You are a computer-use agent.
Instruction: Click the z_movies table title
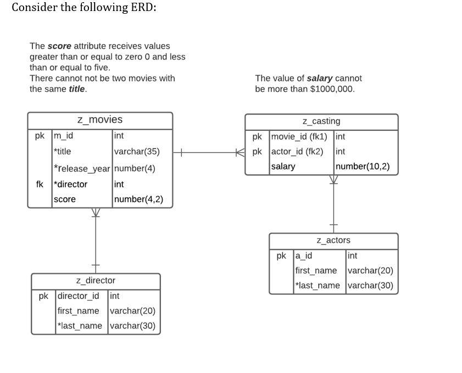tap(99, 119)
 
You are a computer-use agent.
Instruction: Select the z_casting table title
tap(321, 121)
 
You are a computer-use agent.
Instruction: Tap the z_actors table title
tap(333, 240)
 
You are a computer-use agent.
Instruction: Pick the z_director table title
tap(96, 281)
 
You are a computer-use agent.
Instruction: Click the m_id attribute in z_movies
tap(63, 135)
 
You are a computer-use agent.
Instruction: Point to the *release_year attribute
tap(82, 168)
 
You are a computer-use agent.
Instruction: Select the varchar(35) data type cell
tap(137, 151)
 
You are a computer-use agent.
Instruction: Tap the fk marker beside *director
tap(40, 184)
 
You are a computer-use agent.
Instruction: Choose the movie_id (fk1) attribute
tap(299, 136)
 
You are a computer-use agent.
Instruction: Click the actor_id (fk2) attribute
tap(297, 151)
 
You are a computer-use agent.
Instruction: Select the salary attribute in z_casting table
tap(283, 166)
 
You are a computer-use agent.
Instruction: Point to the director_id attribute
tap(79, 296)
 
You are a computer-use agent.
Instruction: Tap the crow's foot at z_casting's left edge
tap(240, 152)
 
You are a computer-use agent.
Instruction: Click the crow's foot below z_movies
tap(96, 212)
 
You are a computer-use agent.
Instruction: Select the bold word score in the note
tap(59, 46)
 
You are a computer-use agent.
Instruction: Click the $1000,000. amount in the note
tap(332, 89)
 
